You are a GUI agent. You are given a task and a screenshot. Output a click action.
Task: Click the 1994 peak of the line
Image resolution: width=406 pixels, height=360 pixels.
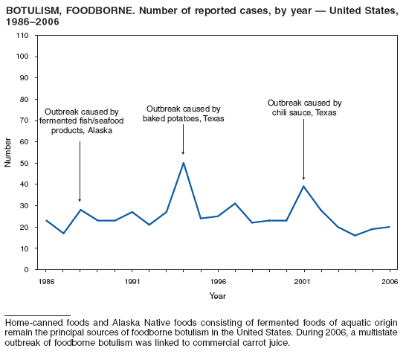[183, 163]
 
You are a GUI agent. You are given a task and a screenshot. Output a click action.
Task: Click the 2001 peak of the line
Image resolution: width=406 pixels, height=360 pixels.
[303, 186]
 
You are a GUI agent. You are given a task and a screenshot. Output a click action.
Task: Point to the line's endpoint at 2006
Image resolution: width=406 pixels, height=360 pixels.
[389, 227]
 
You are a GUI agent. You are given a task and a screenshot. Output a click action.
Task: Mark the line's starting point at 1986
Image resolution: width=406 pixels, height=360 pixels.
[46, 220]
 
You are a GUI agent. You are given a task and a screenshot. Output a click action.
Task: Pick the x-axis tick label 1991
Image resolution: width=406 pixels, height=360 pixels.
[132, 282]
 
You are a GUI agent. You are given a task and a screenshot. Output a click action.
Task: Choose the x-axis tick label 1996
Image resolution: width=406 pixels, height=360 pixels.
[218, 282]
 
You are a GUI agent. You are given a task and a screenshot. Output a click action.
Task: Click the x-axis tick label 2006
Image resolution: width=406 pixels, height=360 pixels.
[389, 282]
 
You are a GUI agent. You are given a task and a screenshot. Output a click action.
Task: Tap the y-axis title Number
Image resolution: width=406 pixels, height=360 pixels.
[8, 152]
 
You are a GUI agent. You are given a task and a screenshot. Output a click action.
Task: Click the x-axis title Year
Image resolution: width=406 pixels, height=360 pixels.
[218, 296]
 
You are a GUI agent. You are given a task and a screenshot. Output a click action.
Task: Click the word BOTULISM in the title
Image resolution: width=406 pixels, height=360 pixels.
[30, 10]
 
